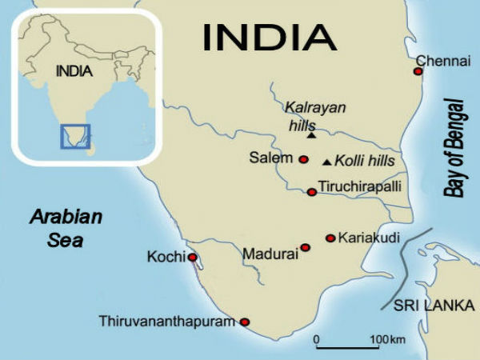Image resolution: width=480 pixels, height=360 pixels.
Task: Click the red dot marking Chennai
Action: pos(418,71)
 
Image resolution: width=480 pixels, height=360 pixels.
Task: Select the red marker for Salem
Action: pos(303,159)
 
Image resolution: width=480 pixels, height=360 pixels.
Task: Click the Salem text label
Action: pos(271,158)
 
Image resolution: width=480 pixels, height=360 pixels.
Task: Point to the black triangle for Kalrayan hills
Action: pos(311,135)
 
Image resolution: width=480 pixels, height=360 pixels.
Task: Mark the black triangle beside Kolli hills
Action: pos(326,162)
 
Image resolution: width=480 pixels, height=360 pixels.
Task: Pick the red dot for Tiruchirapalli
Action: pos(312,191)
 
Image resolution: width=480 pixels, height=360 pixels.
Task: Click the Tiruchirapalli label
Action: pos(359,187)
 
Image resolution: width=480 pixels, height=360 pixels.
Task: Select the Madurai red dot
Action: pos(305,247)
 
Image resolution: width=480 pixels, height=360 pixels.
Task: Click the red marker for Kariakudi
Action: pos(330,238)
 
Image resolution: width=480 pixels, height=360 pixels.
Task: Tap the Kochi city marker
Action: pos(192,257)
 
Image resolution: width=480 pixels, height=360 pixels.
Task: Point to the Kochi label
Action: pos(166,257)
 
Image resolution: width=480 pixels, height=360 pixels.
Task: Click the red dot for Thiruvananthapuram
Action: pos(245,322)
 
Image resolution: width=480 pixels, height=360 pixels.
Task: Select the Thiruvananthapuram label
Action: pos(167,322)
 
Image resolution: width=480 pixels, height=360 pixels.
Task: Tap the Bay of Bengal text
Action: pos(455,148)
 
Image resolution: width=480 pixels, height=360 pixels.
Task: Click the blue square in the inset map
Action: pos(75,135)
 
